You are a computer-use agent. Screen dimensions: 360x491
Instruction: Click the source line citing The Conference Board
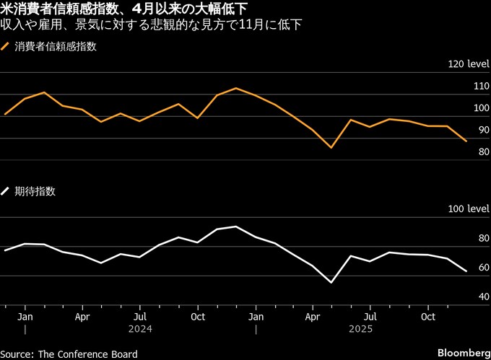point(69,354)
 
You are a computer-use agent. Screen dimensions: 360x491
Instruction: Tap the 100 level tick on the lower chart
point(469,209)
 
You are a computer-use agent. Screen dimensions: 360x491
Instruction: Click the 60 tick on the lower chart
point(483,268)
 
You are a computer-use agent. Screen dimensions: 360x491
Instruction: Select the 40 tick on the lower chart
point(483,297)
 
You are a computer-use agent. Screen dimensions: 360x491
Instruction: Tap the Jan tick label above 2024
point(25,317)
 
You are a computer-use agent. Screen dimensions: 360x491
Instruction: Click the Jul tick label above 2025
point(371,317)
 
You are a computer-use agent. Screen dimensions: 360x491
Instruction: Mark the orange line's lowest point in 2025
point(331,147)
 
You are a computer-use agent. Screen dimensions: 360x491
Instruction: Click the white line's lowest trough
point(331,282)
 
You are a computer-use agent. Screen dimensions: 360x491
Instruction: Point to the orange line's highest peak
point(236,88)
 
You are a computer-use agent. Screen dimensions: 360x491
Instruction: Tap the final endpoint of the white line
point(466,271)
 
